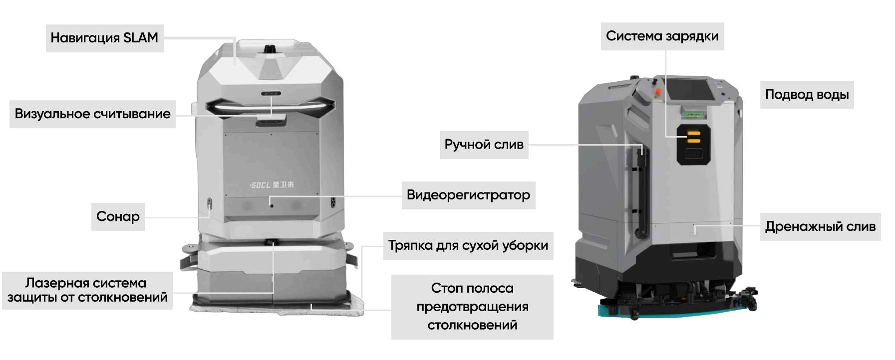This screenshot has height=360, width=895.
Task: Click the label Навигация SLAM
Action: (x=104, y=38)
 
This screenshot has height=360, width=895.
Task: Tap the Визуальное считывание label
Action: (x=92, y=114)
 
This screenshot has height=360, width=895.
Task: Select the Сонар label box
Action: (x=118, y=216)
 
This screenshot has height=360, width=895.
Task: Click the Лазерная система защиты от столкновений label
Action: (x=87, y=290)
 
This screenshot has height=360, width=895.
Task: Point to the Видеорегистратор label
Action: (x=468, y=195)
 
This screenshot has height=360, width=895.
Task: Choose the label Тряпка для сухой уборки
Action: (x=468, y=245)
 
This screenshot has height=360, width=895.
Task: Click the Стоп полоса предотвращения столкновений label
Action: (x=472, y=307)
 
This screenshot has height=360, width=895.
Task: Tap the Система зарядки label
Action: (x=662, y=36)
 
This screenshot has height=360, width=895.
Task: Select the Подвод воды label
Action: (x=807, y=95)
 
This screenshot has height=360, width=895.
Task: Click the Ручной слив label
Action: (x=484, y=145)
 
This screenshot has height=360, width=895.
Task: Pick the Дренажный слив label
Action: (x=820, y=227)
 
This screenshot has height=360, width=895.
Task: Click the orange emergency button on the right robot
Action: (x=658, y=92)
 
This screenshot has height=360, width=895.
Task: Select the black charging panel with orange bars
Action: (x=693, y=145)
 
